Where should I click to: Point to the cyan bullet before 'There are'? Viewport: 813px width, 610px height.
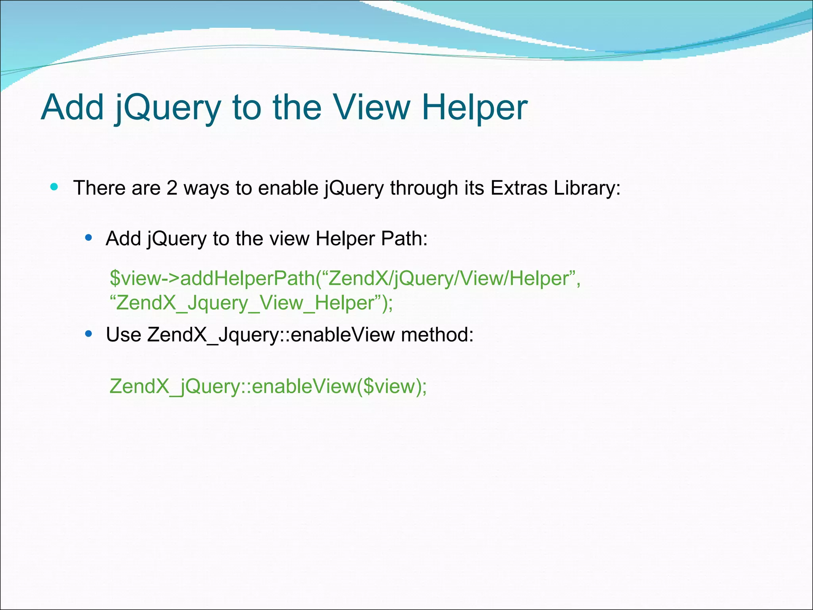(54, 187)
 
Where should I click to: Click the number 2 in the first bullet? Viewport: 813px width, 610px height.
(171, 188)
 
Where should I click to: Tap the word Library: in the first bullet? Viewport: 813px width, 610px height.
(587, 188)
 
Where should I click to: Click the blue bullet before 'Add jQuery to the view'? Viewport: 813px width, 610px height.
(89, 238)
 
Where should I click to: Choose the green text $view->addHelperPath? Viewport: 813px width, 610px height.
(212, 278)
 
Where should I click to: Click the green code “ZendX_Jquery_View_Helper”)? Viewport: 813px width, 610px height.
(251, 303)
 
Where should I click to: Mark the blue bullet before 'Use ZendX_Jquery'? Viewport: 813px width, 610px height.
(89, 334)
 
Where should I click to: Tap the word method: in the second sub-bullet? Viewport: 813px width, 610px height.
(437, 334)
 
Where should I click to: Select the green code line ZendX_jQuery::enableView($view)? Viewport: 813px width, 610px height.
(268, 386)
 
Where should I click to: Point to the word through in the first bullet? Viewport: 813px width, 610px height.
(424, 188)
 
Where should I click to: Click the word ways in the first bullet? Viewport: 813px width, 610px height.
(206, 188)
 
